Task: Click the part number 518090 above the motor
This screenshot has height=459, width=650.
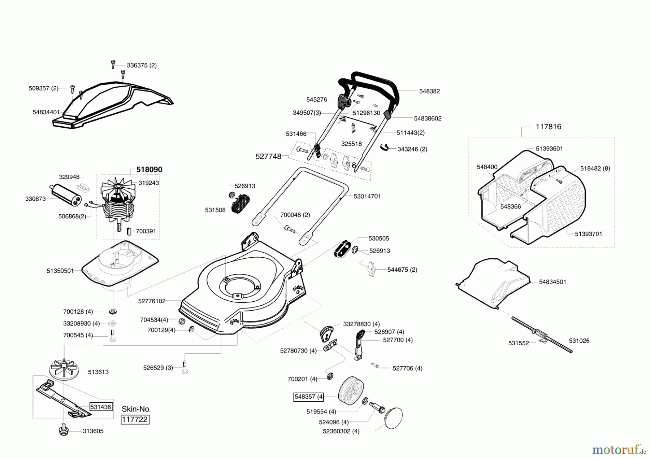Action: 149,170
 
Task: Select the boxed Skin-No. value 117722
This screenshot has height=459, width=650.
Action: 135,420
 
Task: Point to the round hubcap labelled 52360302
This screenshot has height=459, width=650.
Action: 394,418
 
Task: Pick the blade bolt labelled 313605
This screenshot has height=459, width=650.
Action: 64,430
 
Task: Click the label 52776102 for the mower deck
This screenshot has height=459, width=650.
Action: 152,301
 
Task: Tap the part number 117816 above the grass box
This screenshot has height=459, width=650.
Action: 549,127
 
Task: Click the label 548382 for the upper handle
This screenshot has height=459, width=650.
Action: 429,91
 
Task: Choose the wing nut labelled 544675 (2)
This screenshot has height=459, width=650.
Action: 371,269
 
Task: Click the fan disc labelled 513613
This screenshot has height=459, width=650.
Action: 64,369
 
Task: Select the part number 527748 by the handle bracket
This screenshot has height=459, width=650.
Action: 268,157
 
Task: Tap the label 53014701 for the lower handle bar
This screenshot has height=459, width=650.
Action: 367,196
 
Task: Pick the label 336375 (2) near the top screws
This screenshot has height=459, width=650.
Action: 142,65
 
